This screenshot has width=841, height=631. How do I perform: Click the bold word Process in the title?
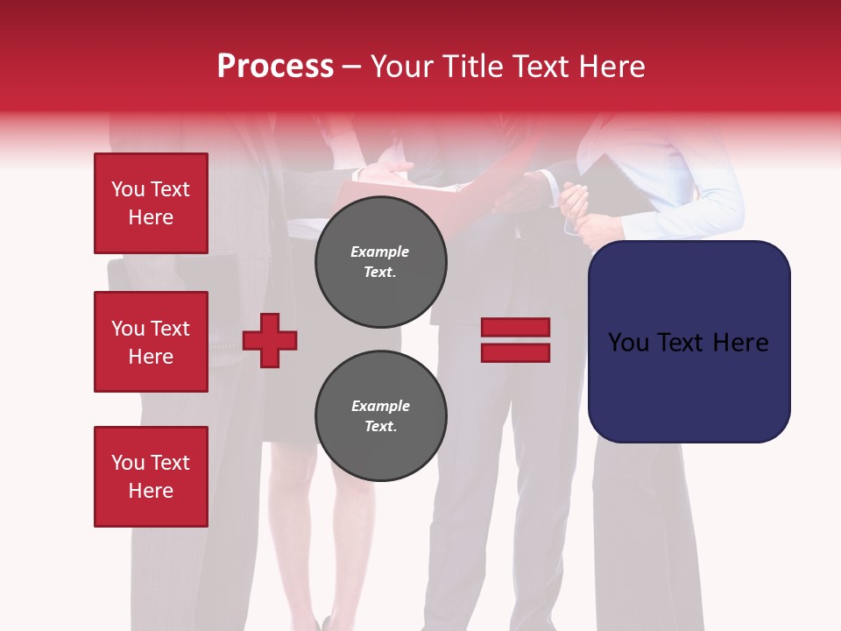click(x=275, y=67)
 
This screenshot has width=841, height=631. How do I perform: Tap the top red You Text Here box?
click(x=151, y=203)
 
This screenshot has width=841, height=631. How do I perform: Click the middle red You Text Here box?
click(x=151, y=342)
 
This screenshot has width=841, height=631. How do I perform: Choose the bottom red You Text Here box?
click(x=151, y=477)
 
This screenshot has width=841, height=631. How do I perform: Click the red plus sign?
click(x=270, y=340)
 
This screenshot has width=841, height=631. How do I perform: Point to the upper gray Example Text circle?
click(x=380, y=262)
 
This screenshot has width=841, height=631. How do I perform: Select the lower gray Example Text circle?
click(x=380, y=416)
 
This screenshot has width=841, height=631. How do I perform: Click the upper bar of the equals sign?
click(x=515, y=328)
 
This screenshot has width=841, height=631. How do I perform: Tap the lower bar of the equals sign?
click(x=515, y=353)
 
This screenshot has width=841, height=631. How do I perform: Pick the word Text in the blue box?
click(x=689, y=343)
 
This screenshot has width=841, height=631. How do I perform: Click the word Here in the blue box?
click(x=739, y=343)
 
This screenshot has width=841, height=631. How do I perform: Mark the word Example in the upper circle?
click(x=380, y=252)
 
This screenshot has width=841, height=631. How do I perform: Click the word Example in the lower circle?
click(x=380, y=406)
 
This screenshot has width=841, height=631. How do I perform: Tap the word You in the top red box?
click(x=127, y=189)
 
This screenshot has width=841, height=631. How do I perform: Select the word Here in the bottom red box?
click(x=151, y=491)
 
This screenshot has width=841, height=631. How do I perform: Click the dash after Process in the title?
click(x=351, y=67)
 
